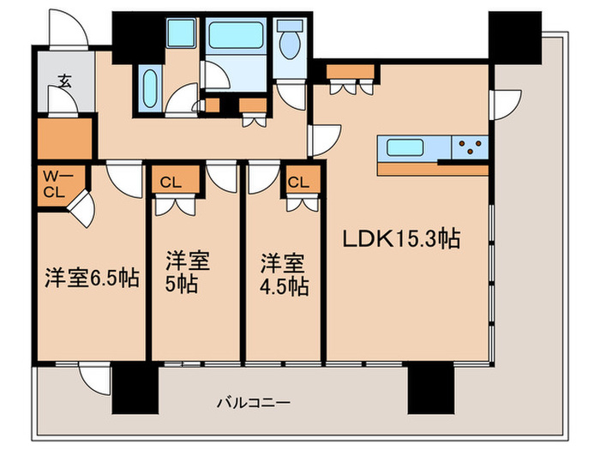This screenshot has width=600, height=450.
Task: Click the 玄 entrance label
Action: [64, 81]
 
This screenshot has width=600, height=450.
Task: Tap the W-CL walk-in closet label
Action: [53, 183]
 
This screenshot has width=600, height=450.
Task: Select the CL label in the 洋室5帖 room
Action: [169, 182]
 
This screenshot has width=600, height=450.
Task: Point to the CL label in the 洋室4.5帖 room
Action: [299, 182]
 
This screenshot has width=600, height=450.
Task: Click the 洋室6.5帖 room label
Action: [92, 279]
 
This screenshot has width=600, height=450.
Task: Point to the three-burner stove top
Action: [470, 147]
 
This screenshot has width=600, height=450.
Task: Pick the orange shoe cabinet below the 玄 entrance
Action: [64, 137]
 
